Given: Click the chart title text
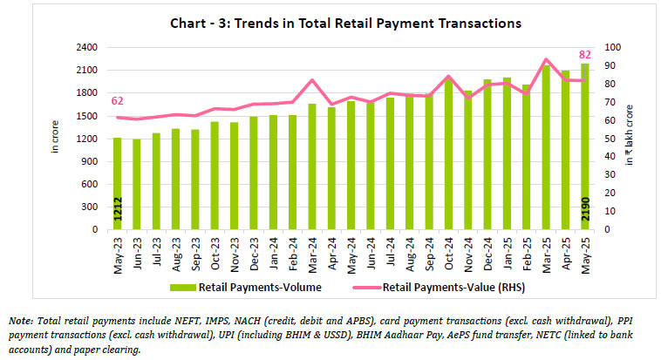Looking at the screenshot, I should pyautogui.click(x=330, y=23).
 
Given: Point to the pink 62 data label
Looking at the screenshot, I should pyautogui.click(x=118, y=102).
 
